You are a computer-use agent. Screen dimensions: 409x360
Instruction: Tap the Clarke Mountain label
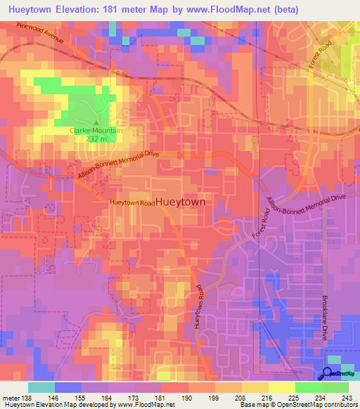tap(96, 131)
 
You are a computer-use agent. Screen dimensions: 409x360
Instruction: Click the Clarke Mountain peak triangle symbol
tap(96, 123)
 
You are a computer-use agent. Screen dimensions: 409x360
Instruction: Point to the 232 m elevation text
tap(96, 138)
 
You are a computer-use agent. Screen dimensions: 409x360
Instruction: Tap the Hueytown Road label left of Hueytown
tap(131, 202)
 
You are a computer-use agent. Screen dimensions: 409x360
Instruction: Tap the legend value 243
tap(347, 398)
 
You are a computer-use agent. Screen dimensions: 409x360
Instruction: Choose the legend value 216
tap(268, 398)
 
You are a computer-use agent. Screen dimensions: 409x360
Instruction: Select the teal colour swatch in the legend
tap(41, 387)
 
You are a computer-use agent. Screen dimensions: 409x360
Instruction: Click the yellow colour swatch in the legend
tap(281, 387)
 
